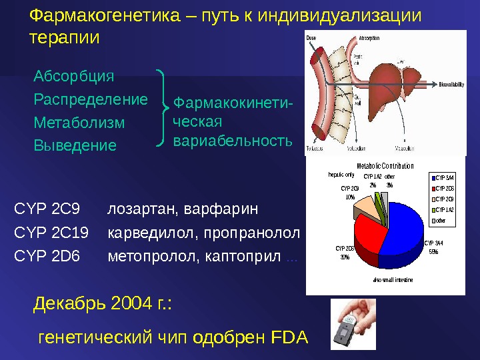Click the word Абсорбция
[73, 76]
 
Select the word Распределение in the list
[90, 99]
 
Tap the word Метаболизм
[79, 123]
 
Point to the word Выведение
[74, 145]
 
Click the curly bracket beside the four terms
[162, 107]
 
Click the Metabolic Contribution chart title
[385, 166]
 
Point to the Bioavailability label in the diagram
[454, 85]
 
